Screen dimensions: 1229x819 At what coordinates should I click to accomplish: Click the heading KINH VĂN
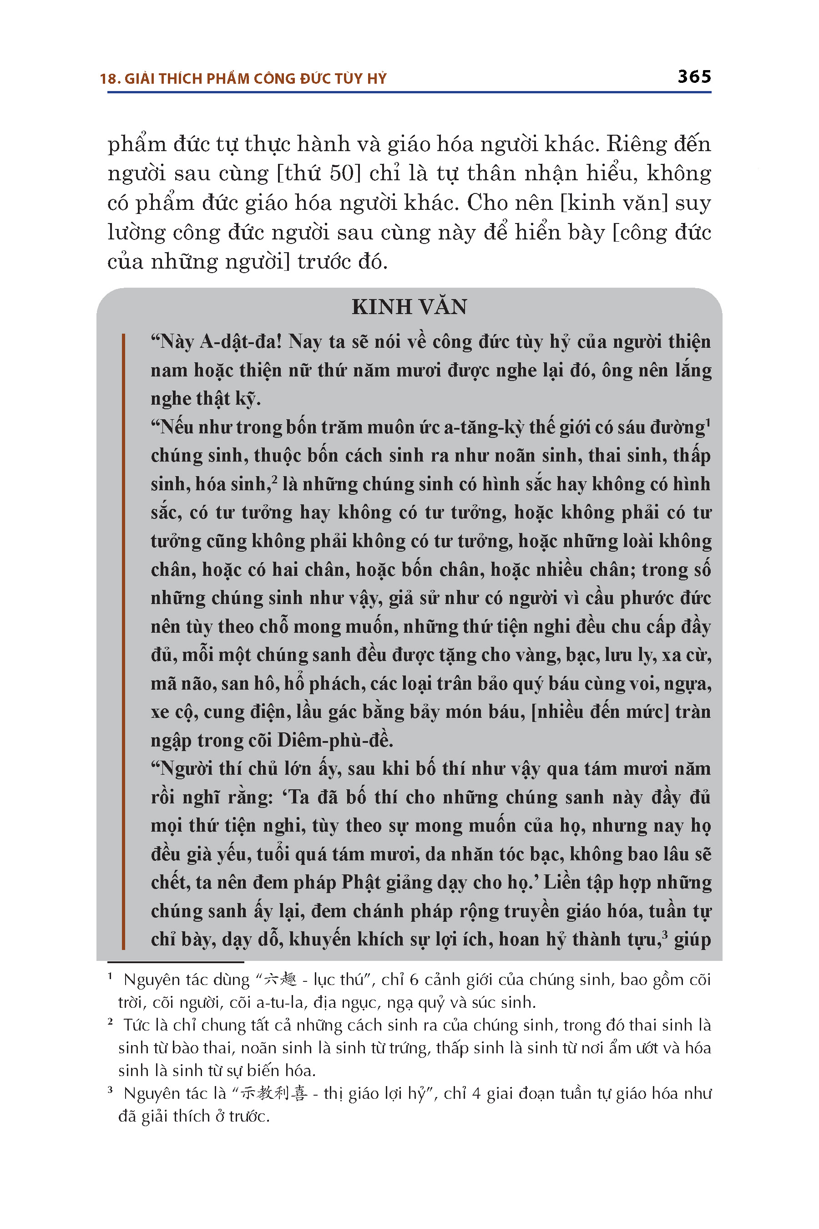(x=409, y=307)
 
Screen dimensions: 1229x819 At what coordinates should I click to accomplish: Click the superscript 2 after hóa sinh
(x=274, y=478)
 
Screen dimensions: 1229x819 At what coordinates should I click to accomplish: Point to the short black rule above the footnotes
(x=176, y=962)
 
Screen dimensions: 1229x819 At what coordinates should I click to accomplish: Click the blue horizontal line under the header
(x=409, y=92)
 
